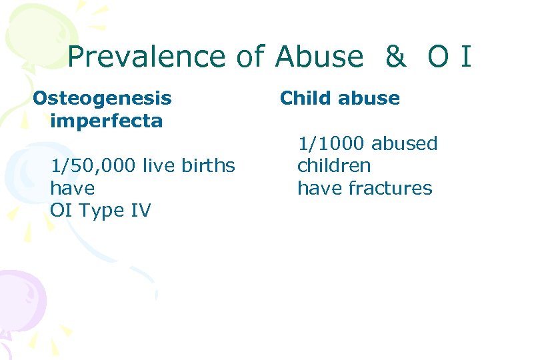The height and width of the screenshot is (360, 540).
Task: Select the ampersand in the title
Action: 395,57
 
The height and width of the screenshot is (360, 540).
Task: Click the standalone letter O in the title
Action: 438,57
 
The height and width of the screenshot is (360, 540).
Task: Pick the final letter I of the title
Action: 465,57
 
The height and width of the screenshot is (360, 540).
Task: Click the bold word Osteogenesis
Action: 102,99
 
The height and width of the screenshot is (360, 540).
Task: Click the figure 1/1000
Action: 331,143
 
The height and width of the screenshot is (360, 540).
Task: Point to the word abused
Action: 405,143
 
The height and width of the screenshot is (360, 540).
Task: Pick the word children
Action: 334,165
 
